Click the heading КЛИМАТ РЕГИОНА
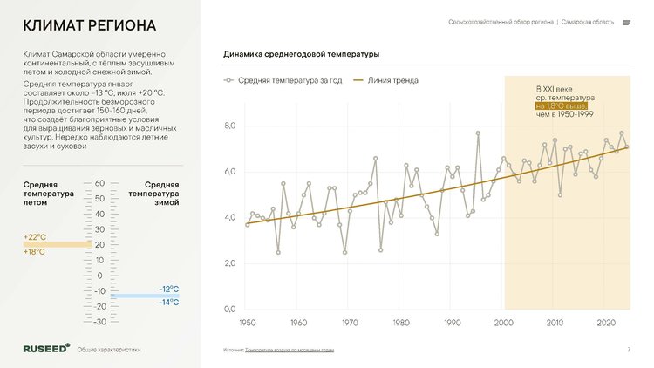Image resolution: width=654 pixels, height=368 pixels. tap(89, 24)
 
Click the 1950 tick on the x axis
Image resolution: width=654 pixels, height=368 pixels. tap(247, 323)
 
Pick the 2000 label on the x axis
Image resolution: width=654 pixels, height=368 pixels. tap(504, 323)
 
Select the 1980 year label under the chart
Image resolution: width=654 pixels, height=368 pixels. tap(401, 323)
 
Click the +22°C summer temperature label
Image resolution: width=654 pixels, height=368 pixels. tap(35, 237)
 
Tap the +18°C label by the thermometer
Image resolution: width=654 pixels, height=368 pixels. tap(35, 252)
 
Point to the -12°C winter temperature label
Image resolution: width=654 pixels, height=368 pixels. tap(169, 289)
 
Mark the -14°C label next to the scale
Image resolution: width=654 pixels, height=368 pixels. tap(169, 303)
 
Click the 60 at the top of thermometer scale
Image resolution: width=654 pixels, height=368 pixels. tap(99, 183)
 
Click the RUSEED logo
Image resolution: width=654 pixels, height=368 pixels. tap(45, 348)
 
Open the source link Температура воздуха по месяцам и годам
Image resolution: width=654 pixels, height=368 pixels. tap(290, 350)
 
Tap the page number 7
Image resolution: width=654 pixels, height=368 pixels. tap(629, 350)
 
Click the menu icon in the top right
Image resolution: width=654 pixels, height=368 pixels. tap(627, 23)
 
